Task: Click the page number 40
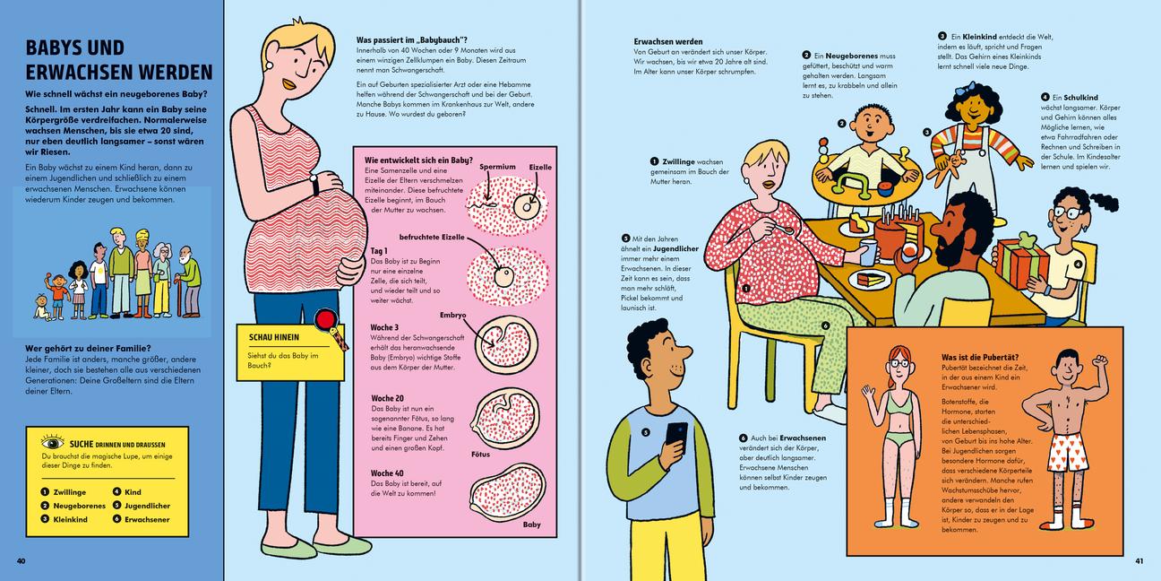(x=21, y=560)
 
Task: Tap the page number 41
(x=1139, y=560)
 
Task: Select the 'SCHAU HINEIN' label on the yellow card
(x=274, y=337)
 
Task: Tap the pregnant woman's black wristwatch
(x=314, y=185)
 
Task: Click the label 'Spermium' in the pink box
(x=497, y=167)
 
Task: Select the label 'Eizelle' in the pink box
(x=540, y=167)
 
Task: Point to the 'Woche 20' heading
(x=387, y=398)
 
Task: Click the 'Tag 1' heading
(x=378, y=251)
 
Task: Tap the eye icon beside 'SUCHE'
(x=52, y=443)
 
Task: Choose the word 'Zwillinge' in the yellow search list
(x=70, y=492)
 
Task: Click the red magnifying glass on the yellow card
(x=325, y=319)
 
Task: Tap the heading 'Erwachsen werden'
(x=668, y=41)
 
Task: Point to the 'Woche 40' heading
(x=387, y=473)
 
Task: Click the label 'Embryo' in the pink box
(x=453, y=315)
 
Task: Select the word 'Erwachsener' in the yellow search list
(x=147, y=519)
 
